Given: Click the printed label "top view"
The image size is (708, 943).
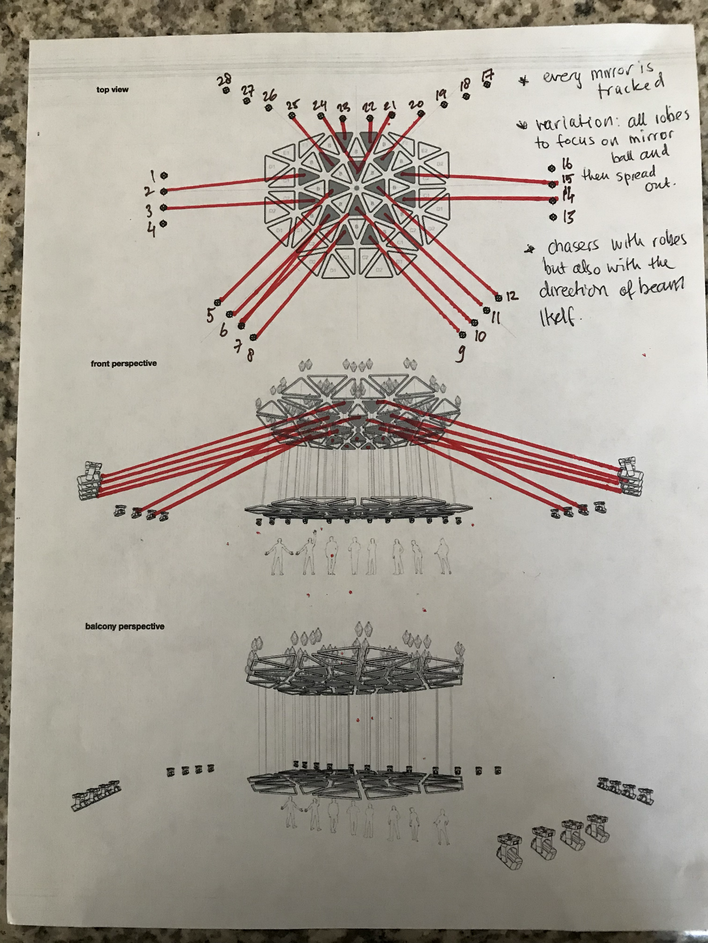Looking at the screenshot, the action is point(112,89).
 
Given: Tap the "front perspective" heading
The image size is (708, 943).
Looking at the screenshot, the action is point(123,364).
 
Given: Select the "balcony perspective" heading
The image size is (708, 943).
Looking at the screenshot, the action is point(125,626).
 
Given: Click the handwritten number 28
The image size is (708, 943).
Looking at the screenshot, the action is point(225,79).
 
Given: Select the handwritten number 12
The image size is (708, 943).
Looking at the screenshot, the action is point(512,296).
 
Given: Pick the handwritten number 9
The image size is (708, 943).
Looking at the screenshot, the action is point(460,354).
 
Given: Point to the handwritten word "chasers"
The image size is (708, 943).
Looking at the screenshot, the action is point(573,247).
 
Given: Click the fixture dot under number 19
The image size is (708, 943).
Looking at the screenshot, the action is point(444,104).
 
